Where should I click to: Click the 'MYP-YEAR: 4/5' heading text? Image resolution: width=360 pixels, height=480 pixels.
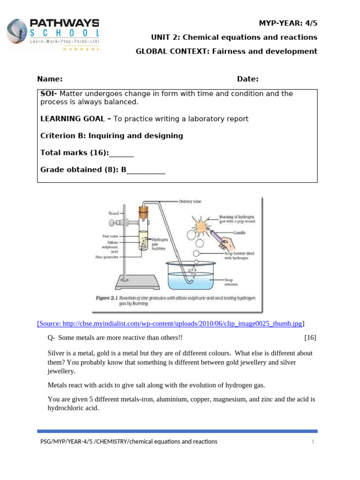click(288, 23)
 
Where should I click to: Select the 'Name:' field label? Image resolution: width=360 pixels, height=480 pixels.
click(50, 79)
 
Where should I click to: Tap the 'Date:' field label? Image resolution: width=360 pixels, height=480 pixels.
click(247, 79)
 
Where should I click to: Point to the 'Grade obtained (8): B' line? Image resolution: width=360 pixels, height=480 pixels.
click(103, 170)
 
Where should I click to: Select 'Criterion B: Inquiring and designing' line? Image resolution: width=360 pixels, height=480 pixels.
click(112, 136)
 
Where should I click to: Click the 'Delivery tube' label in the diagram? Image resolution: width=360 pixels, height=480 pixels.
click(190, 202)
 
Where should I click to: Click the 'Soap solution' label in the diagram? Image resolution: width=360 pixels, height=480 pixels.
click(231, 282)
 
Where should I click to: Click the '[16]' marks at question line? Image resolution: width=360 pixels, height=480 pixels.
click(310, 337)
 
